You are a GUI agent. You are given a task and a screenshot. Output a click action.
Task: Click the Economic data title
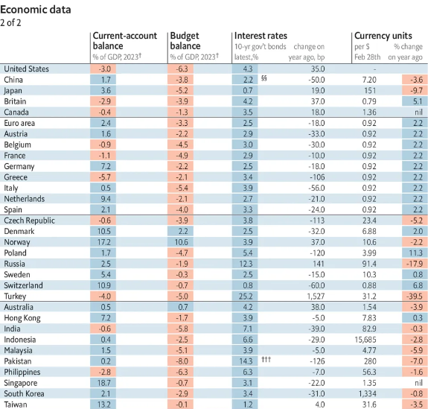tap(36, 10)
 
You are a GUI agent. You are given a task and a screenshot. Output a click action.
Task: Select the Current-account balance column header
tap(125, 41)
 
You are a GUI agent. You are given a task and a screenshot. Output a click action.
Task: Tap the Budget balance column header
tap(185, 41)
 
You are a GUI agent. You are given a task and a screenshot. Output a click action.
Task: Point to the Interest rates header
tap(261, 36)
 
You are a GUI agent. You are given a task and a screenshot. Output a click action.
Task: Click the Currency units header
tap(383, 36)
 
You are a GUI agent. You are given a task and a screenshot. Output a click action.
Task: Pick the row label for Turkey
tap(15, 297)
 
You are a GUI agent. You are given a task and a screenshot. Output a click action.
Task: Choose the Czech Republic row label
tap(29, 221)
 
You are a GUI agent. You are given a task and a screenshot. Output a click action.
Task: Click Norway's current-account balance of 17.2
tap(104, 242)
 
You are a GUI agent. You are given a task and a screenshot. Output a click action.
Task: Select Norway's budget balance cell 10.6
tap(181, 242)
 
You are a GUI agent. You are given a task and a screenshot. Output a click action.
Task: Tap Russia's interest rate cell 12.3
tap(246, 264)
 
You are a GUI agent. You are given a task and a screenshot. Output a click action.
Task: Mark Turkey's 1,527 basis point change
tap(316, 297)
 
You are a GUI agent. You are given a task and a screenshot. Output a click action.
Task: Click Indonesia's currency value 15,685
tap(365, 340)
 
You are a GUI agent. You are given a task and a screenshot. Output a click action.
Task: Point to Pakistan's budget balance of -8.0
tap(181, 361)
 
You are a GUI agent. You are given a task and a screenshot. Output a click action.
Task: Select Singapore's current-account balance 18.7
tap(104, 383)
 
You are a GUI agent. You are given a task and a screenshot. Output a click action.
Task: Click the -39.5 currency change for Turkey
tap(415, 297)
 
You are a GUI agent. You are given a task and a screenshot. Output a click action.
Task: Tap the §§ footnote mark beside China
tap(263, 78)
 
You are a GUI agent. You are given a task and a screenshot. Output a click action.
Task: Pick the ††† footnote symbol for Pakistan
tap(266, 359)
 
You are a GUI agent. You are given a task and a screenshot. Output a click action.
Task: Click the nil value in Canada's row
tap(418, 112)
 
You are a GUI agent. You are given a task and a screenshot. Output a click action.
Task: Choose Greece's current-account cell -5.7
tap(104, 177)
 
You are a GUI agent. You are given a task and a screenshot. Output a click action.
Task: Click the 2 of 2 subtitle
tap(10, 22)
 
